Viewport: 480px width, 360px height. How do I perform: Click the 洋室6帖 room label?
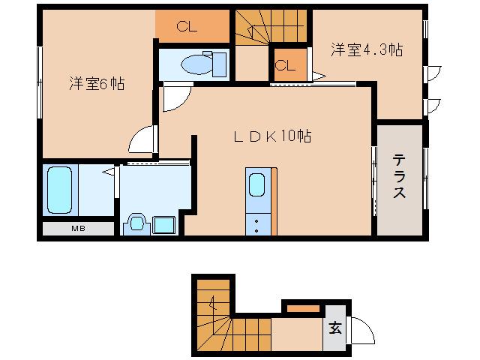(x=97, y=84)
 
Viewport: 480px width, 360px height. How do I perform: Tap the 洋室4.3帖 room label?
(x=367, y=51)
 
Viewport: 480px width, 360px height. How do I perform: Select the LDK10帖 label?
(x=271, y=136)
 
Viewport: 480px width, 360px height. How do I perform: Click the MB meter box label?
(x=77, y=228)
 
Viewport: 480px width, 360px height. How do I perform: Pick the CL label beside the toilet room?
(x=187, y=28)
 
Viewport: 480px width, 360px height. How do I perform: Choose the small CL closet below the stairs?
(x=285, y=64)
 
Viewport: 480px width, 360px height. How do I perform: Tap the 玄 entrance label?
(x=335, y=328)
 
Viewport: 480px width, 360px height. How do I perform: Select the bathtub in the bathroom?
(x=59, y=190)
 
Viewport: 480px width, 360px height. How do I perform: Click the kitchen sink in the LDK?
(x=256, y=185)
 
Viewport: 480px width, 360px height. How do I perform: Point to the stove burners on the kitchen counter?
(x=256, y=223)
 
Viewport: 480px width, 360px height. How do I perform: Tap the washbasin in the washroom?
(x=137, y=223)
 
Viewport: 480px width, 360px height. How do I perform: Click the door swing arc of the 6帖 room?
(x=142, y=140)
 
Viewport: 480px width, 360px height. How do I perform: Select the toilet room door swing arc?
(x=175, y=97)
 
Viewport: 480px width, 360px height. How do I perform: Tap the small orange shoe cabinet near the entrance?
(x=303, y=307)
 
